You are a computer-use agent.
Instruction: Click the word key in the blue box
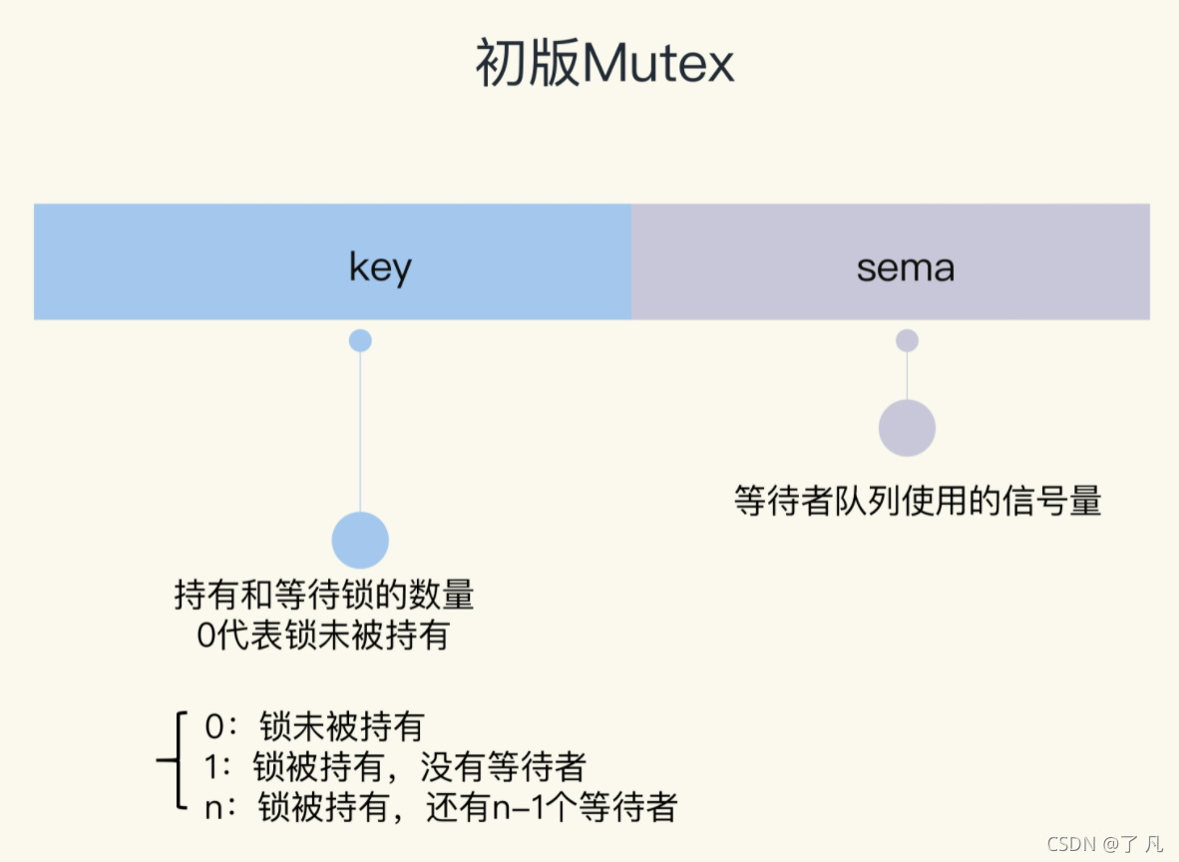point(380,267)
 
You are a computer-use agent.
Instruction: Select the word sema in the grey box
point(906,267)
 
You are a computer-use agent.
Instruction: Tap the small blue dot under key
point(360,340)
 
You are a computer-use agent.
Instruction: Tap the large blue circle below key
point(360,540)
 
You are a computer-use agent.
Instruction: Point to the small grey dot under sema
point(907,340)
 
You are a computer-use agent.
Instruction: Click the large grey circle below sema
point(907,428)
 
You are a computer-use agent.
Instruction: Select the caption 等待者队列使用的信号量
point(918,499)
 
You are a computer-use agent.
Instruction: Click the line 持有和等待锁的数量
point(324,596)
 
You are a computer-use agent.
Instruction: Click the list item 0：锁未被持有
point(315,725)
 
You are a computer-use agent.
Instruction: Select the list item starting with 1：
point(394,765)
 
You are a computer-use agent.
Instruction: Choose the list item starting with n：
point(440,805)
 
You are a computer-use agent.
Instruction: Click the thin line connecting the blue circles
point(360,429)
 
